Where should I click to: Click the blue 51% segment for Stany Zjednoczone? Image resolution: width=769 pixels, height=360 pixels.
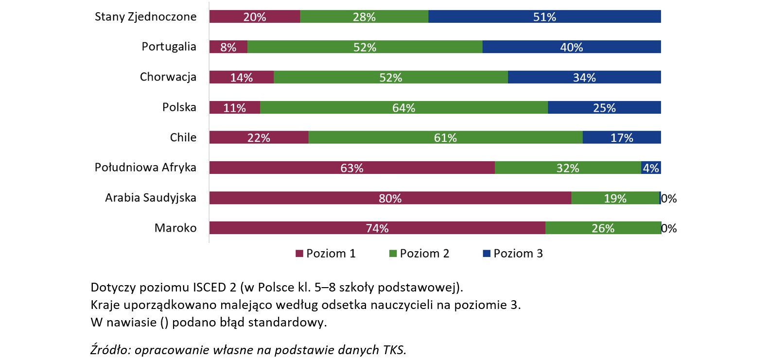point(544,17)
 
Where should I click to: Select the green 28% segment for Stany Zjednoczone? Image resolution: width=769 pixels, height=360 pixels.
point(364,17)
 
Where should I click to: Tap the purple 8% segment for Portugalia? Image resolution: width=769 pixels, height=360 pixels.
point(228,47)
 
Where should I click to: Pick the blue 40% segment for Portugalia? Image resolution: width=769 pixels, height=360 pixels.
point(571,47)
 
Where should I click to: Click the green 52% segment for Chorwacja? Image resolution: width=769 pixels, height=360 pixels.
point(390,77)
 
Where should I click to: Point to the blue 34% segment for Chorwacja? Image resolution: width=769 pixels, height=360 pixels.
point(584,77)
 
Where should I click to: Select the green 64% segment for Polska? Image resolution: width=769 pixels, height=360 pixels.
point(403,107)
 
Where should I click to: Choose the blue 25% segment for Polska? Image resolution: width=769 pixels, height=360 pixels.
point(604,107)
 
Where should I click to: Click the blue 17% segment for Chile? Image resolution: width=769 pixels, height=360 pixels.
point(622,137)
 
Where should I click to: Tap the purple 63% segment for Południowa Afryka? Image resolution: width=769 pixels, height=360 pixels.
point(351,168)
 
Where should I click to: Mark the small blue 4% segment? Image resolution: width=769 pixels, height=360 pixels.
point(651,168)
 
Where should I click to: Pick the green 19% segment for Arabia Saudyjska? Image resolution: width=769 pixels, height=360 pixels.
point(615,198)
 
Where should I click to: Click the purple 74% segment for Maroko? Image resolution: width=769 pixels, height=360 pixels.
point(377,228)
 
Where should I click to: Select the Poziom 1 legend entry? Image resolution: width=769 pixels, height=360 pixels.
point(326,254)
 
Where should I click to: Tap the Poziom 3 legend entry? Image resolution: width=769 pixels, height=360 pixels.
point(513,254)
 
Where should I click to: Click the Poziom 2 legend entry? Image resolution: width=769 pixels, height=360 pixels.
point(419,254)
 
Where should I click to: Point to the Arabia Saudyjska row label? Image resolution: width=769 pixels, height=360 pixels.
point(151,198)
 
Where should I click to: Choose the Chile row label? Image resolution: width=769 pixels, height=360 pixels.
point(183,137)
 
